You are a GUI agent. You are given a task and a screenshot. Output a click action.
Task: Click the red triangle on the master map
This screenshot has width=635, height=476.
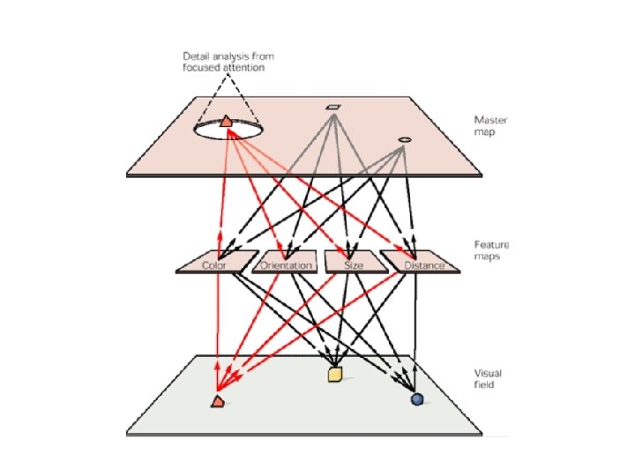(226, 121)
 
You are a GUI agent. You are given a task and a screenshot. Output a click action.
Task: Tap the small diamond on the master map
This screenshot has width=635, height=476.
(332, 108)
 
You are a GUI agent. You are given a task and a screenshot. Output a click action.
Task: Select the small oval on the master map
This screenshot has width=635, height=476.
(404, 139)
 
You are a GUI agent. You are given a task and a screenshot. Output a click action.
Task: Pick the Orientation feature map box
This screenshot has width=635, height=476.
(284, 263)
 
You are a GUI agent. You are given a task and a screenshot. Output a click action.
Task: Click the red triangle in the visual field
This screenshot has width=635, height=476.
(218, 401)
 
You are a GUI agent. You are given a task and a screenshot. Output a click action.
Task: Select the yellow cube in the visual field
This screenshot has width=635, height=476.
(334, 376)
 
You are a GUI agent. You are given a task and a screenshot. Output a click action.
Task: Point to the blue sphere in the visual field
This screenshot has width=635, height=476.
(417, 399)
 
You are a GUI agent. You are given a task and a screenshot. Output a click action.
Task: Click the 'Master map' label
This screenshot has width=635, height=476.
(490, 125)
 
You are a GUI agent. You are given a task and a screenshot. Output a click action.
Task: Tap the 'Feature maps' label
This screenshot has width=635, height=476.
(492, 250)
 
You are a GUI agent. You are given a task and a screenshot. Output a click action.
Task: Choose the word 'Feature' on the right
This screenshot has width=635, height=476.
(492, 245)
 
